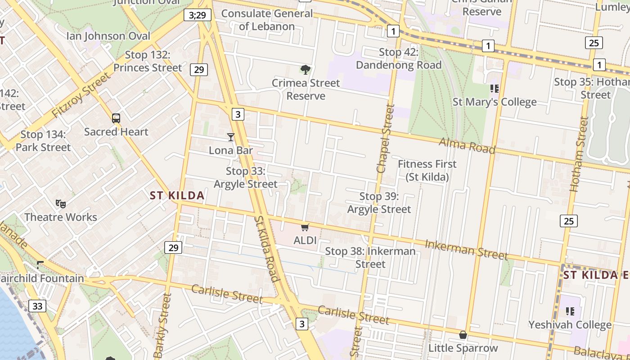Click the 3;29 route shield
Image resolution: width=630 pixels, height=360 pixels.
click(x=197, y=15)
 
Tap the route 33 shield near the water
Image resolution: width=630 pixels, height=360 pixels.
click(x=37, y=306)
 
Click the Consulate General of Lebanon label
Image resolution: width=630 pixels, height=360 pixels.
click(x=267, y=20)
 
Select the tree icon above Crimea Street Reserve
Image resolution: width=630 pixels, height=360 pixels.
click(x=306, y=69)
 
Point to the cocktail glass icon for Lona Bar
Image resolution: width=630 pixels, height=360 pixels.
click(x=231, y=137)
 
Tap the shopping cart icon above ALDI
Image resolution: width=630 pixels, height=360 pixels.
click(x=305, y=227)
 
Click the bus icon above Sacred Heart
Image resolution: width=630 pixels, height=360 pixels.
click(x=116, y=118)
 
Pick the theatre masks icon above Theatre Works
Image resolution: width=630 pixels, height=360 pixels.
click(x=61, y=204)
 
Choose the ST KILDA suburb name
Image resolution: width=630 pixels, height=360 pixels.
click(x=177, y=195)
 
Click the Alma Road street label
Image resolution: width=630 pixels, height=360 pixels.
click(x=467, y=145)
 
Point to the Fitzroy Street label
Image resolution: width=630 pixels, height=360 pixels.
click(x=81, y=95)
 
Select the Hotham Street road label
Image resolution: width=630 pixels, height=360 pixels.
click(x=579, y=154)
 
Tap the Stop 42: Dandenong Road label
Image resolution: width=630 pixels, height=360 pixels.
click(x=399, y=58)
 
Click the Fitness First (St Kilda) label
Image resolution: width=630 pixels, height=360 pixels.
click(x=427, y=171)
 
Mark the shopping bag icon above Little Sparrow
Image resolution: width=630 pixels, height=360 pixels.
click(x=463, y=335)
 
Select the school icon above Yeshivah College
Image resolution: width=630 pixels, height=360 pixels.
click(x=570, y=311)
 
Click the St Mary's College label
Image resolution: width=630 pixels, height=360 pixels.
click(x=495, y=102)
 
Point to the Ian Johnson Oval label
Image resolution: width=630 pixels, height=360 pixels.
click(x=108, y=36)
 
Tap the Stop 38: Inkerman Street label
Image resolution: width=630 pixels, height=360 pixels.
click(x=370, y=257)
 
